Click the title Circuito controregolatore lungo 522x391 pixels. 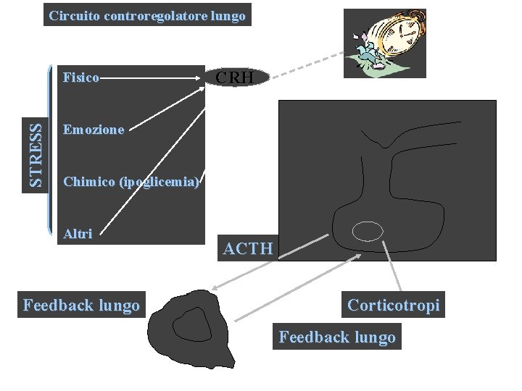point(147,15)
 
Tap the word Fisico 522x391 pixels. point(81,76)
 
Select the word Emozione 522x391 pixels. point(94,130)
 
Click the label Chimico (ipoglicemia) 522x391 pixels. point(131,182)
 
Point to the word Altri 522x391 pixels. point(78,234)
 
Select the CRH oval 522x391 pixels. point(235,77)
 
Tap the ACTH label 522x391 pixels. point(249,249)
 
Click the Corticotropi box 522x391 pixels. point(393,306)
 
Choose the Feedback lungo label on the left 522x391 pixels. point(81,306)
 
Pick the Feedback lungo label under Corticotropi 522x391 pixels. point(337,337)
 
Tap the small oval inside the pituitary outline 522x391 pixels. point(368,231)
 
